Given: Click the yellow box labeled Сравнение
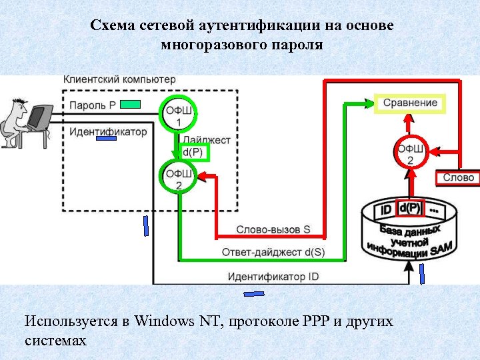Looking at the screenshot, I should point(410,103).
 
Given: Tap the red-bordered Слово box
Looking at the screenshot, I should point(458,177).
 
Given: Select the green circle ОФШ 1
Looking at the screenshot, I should point(178,115).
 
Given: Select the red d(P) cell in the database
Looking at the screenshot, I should point(410,208).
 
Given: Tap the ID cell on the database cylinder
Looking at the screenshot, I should point(385,210).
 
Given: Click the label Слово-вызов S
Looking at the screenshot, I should point(273,229).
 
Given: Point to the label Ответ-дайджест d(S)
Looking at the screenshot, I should point(273,252).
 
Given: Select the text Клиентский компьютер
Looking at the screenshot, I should point(120,79).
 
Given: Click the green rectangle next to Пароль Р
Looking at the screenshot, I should point(131,104).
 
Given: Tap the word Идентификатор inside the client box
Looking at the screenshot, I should point(108,131).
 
